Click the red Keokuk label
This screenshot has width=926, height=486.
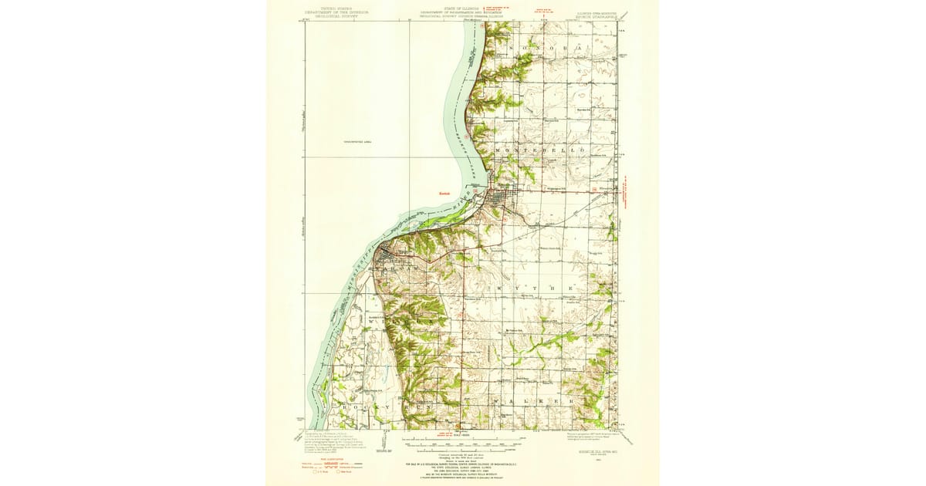coord(444,194)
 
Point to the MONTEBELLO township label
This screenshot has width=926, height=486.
coord(539,147)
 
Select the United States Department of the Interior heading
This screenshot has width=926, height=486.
coord(336,12)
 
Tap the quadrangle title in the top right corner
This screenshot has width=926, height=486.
coord(594,12)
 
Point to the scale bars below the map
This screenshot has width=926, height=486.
coord(461,445)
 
